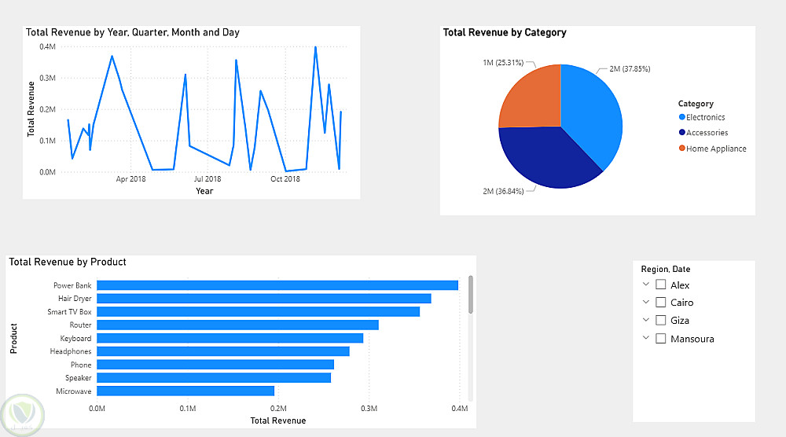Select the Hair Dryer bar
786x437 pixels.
pyautogui.click(x=263, y=299)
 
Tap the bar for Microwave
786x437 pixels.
pyautogui.click(x=185, y=391)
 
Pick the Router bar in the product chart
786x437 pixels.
pyautogui.click(x=237, y=325)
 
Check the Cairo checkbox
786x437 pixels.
pyautogui.click(x=661, y=303)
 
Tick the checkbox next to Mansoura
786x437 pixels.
pyautogui.click(x=661, y=339)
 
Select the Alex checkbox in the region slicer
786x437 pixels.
pyautogui.click(x=661, y=285)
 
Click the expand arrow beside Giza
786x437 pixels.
pyautogui.click(x=646, y=320)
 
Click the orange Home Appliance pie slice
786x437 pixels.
pyautogui.click(x=531, y=96)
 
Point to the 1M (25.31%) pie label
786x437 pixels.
pyautogui.click(x=503, y=63)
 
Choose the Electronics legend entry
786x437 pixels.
pyautogui.click(x=705, y=118)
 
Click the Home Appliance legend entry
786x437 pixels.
pyautogui.click(x=715, y=149)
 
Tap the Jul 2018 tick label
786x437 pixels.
pyautogui.click(x=208, y=179)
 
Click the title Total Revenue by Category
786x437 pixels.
pyautogui.click(x=505, y=33)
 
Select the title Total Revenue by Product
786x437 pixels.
pyautogui.click(x=68, y=262)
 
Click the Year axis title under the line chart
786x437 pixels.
pyautogui.click(x=204, y=191)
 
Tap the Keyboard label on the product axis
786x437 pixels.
pyautogui.click(x=75, y=339)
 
